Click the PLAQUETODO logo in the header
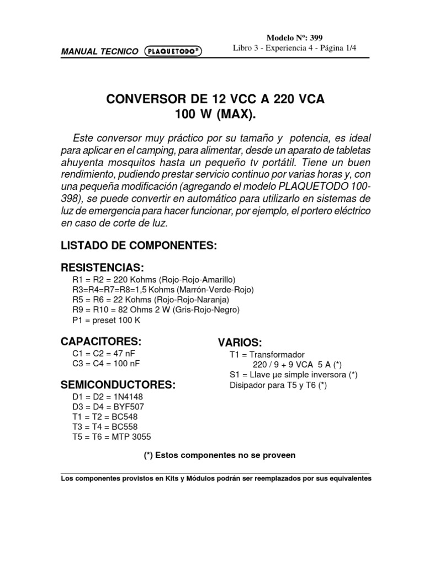(173, 51)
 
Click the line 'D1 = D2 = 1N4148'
(104, 397)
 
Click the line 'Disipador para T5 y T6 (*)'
(278, 385)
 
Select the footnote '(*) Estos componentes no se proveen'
(219, 456)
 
